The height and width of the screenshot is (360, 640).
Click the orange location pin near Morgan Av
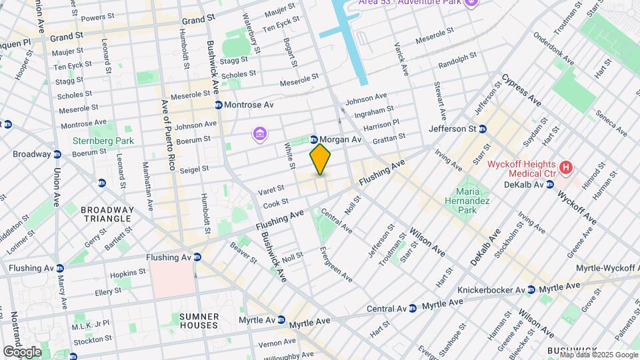(321, 159)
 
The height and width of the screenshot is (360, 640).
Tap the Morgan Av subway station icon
(313, 139)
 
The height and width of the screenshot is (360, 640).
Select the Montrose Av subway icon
(218, 105)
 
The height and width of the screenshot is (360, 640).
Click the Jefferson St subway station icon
(485, 128)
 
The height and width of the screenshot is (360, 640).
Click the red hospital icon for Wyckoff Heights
(566, 167)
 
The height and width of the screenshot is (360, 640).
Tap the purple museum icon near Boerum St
(259, 135)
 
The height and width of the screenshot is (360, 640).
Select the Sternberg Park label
(103, 141)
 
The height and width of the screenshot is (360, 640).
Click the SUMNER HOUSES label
(199, 320)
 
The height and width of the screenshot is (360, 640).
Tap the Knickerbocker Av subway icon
(531, 290)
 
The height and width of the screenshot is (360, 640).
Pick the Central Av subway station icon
(413, 309)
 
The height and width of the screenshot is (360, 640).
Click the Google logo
(22, 351)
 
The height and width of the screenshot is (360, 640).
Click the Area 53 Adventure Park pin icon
(472, 3)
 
